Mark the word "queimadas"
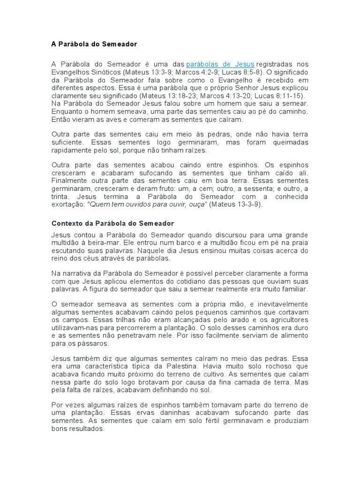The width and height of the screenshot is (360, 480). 289,142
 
